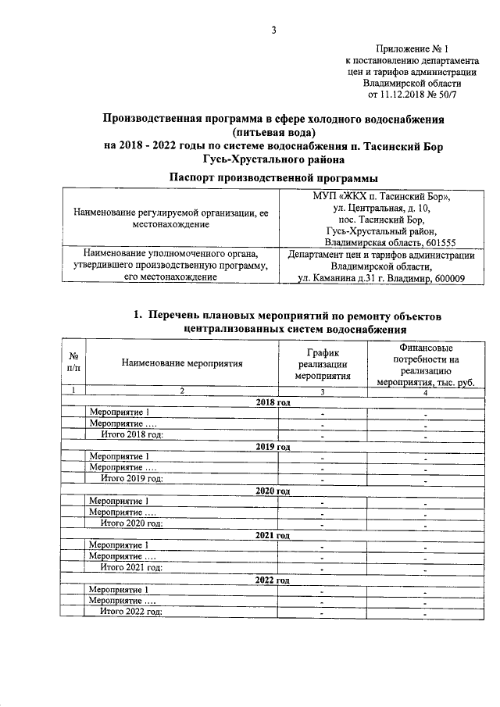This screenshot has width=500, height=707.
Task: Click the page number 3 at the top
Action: coord(273,30)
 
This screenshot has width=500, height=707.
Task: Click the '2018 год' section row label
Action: coord(273,402)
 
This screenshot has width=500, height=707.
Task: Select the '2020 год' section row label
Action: coord(273,491)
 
